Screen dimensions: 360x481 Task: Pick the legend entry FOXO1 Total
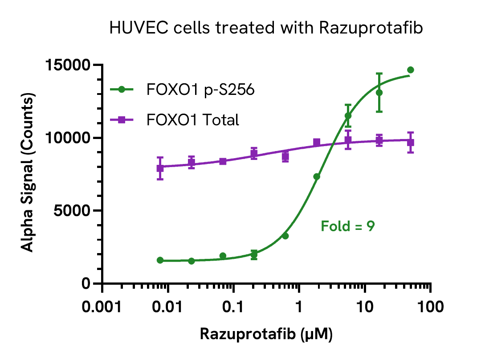[x=192, y=120]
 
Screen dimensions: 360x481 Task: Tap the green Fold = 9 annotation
[x=348, y=226]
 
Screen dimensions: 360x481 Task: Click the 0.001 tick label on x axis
[x=102, y=307]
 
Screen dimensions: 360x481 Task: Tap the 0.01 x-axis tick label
[x=168, y=307]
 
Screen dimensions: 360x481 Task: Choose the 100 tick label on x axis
[x=430, y=307]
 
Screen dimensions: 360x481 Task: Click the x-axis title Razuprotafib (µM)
[x=266, y=334]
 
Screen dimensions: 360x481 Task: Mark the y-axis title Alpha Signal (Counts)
[x=28, y=174]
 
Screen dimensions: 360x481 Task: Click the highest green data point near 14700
[x=411, y=70]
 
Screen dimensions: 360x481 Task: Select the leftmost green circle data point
[x=160, y=260]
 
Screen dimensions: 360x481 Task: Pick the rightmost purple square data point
[x=411, y=143]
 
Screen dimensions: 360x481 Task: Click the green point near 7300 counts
[x=317, y=177]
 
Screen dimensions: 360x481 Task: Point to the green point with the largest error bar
[x=379, y=93]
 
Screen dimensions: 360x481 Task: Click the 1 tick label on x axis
[x=299, y=307]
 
